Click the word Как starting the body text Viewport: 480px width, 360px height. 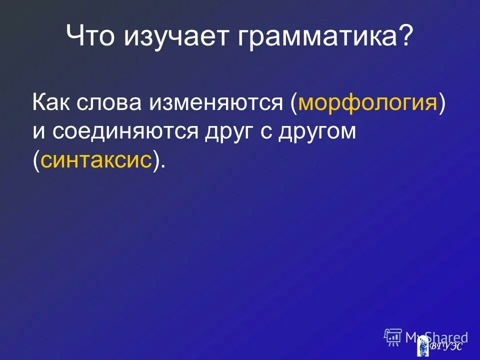point(52,104)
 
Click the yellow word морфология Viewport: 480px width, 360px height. point(368,104)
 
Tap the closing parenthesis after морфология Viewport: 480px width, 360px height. point(442,104)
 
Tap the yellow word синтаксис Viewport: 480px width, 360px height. point(96,160)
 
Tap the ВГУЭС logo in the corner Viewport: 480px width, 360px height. point(439,346)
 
